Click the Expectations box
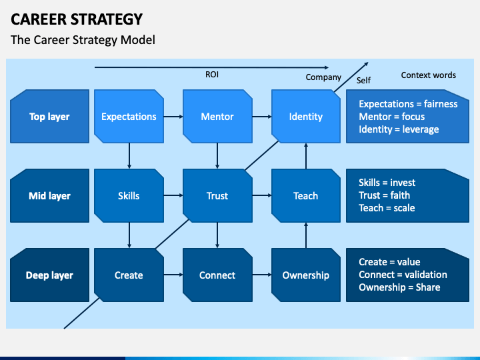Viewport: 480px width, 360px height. (129, 116)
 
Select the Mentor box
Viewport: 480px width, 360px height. (217, 116)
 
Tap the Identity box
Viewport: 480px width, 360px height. (306, 116)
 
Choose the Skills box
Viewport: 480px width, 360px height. (129, 195)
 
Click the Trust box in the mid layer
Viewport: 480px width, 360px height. (217, 195)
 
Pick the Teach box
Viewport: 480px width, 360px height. (306, 195)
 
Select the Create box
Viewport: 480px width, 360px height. (129, 275)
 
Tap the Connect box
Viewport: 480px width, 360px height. (217, 275)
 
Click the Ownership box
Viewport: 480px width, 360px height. (306, 275)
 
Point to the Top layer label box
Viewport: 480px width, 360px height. (49, 116)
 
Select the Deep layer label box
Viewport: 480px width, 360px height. (49, 275)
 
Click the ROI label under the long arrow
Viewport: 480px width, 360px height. (212, 75)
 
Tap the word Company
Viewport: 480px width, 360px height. (323, 77)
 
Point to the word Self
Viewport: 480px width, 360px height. (363, 80)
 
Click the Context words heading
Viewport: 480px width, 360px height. (428, 75)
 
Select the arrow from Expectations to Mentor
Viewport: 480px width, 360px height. (173, 117)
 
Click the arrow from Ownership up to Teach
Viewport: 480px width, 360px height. (306, 235)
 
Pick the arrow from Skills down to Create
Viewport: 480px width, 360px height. (129, 235)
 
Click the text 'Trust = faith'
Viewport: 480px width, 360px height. (384, 195)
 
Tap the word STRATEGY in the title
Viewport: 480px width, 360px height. (107, 19)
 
